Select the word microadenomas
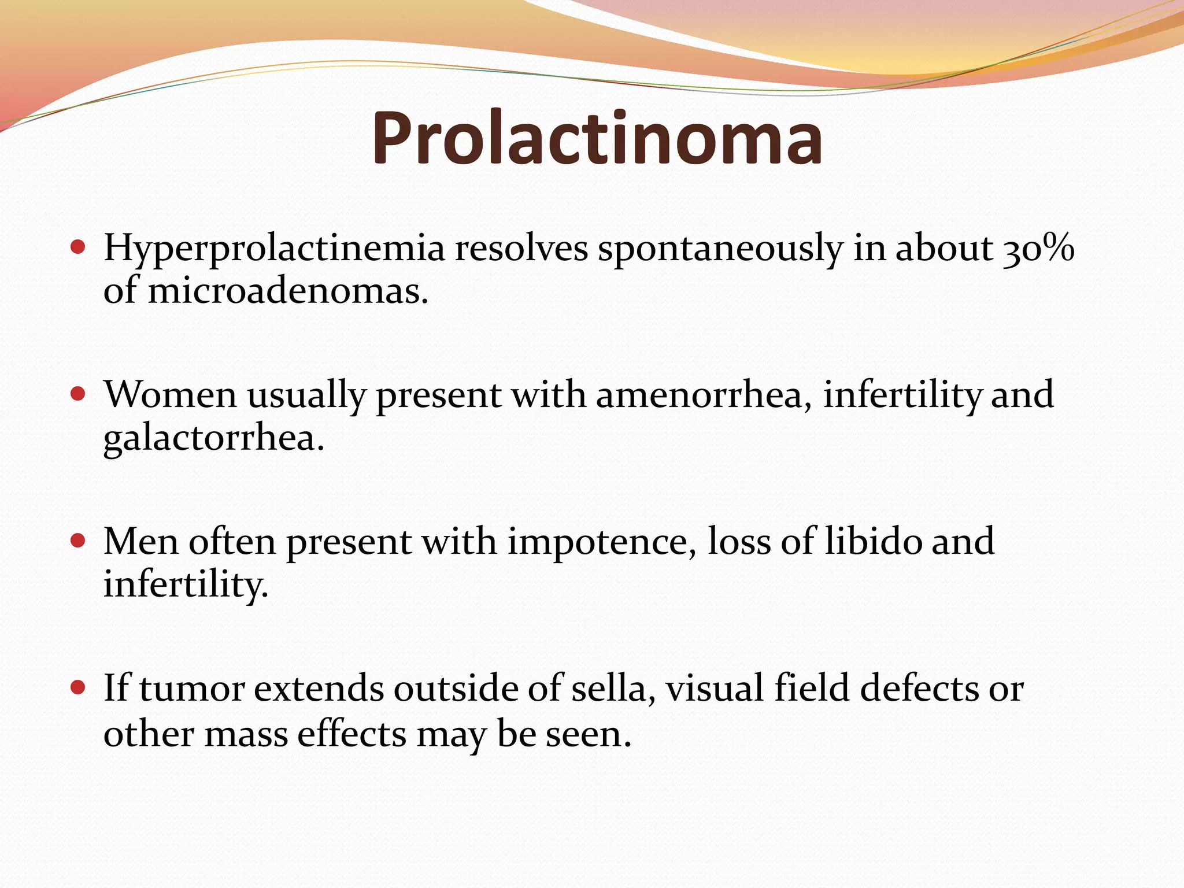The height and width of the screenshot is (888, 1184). click(287, 290)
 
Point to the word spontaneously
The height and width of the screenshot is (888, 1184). click(720, 249)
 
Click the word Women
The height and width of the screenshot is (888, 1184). click(170, 395)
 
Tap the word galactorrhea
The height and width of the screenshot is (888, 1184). click(213, 438)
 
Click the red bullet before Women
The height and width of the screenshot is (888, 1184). click(77, 394)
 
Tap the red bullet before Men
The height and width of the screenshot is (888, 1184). click(77, 541)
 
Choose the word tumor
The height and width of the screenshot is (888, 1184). click(191, 689)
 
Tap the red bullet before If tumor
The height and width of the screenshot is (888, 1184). click(77, 688)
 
